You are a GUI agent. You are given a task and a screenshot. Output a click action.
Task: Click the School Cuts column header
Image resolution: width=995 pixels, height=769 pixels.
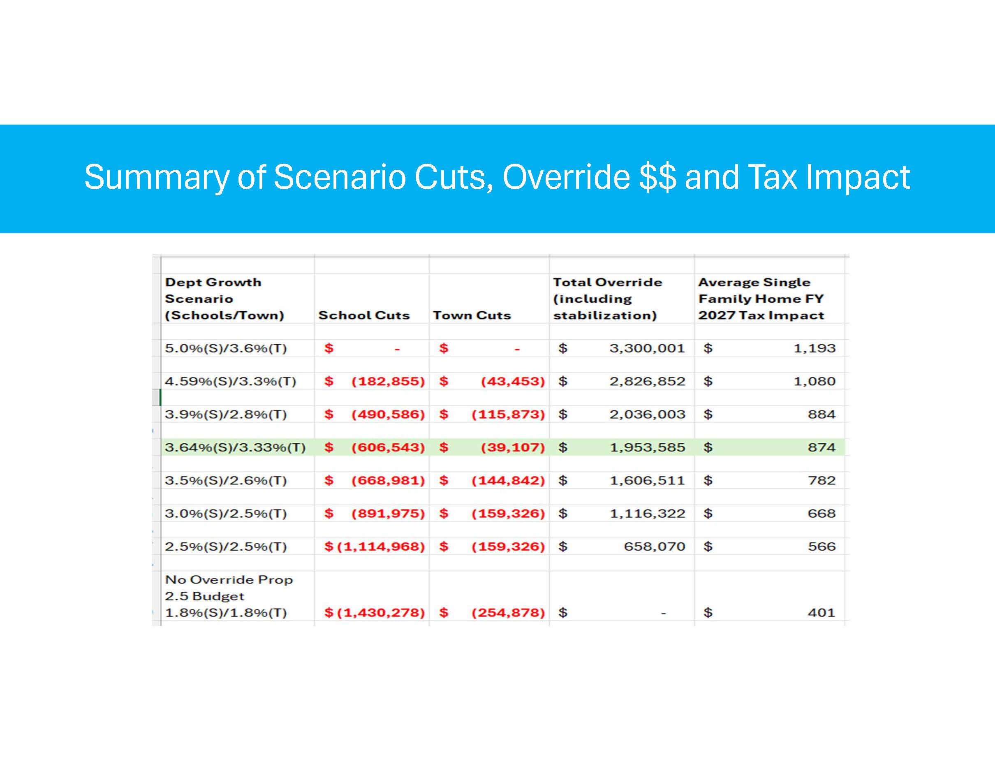point(363,315)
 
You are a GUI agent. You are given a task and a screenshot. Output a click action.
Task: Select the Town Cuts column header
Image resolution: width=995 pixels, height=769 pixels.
point(472,315)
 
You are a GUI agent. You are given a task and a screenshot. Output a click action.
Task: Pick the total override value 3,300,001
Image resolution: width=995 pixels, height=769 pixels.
point(647,348)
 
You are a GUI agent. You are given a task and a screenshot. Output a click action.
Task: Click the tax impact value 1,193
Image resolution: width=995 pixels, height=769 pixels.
point(814,348)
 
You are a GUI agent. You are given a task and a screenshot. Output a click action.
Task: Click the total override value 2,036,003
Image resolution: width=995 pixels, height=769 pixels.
point(647,415)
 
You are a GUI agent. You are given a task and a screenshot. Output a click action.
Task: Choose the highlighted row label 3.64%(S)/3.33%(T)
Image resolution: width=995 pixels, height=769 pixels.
point(235,447)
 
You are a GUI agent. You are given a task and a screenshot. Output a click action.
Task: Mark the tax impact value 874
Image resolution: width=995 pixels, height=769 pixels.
point(821,447)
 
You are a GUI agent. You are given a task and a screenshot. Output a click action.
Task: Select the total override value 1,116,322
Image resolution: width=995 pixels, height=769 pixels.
point(647,514)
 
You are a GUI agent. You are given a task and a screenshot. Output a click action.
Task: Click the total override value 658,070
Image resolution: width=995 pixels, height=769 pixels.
point(654,547)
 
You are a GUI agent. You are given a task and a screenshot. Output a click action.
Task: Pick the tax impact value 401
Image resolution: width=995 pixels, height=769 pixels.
point(821,613)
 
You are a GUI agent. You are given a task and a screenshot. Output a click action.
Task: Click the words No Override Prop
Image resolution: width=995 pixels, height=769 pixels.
point(229,580)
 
